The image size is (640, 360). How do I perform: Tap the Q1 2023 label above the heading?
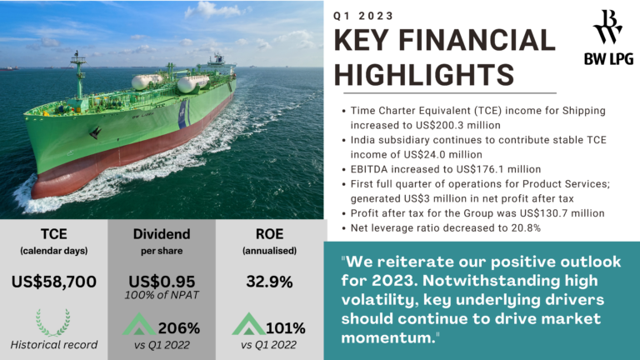click(x=363, y=15)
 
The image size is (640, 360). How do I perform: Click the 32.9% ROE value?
click(x=268, y=282)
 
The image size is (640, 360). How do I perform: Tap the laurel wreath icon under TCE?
click(x=53, y=321)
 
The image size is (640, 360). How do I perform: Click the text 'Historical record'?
click(x=53, y=344)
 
